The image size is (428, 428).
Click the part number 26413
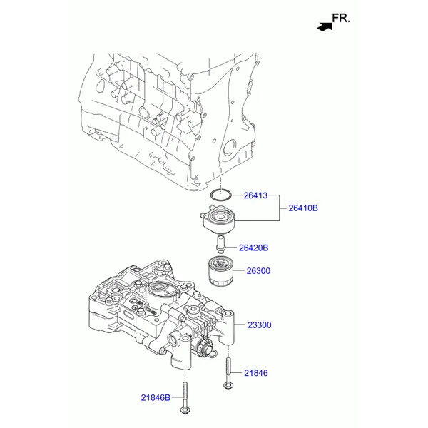tap(255, 194)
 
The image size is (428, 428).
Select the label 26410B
tap(303, 208)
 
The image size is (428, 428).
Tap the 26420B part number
tap(253, 248)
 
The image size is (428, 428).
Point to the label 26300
tap(259, 271)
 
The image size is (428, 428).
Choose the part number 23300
tap(259, 325)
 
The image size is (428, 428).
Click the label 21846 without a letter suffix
tap(256, 372)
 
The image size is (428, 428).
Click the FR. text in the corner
tap(342, 19)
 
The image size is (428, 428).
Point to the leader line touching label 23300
tap(240, 325)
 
